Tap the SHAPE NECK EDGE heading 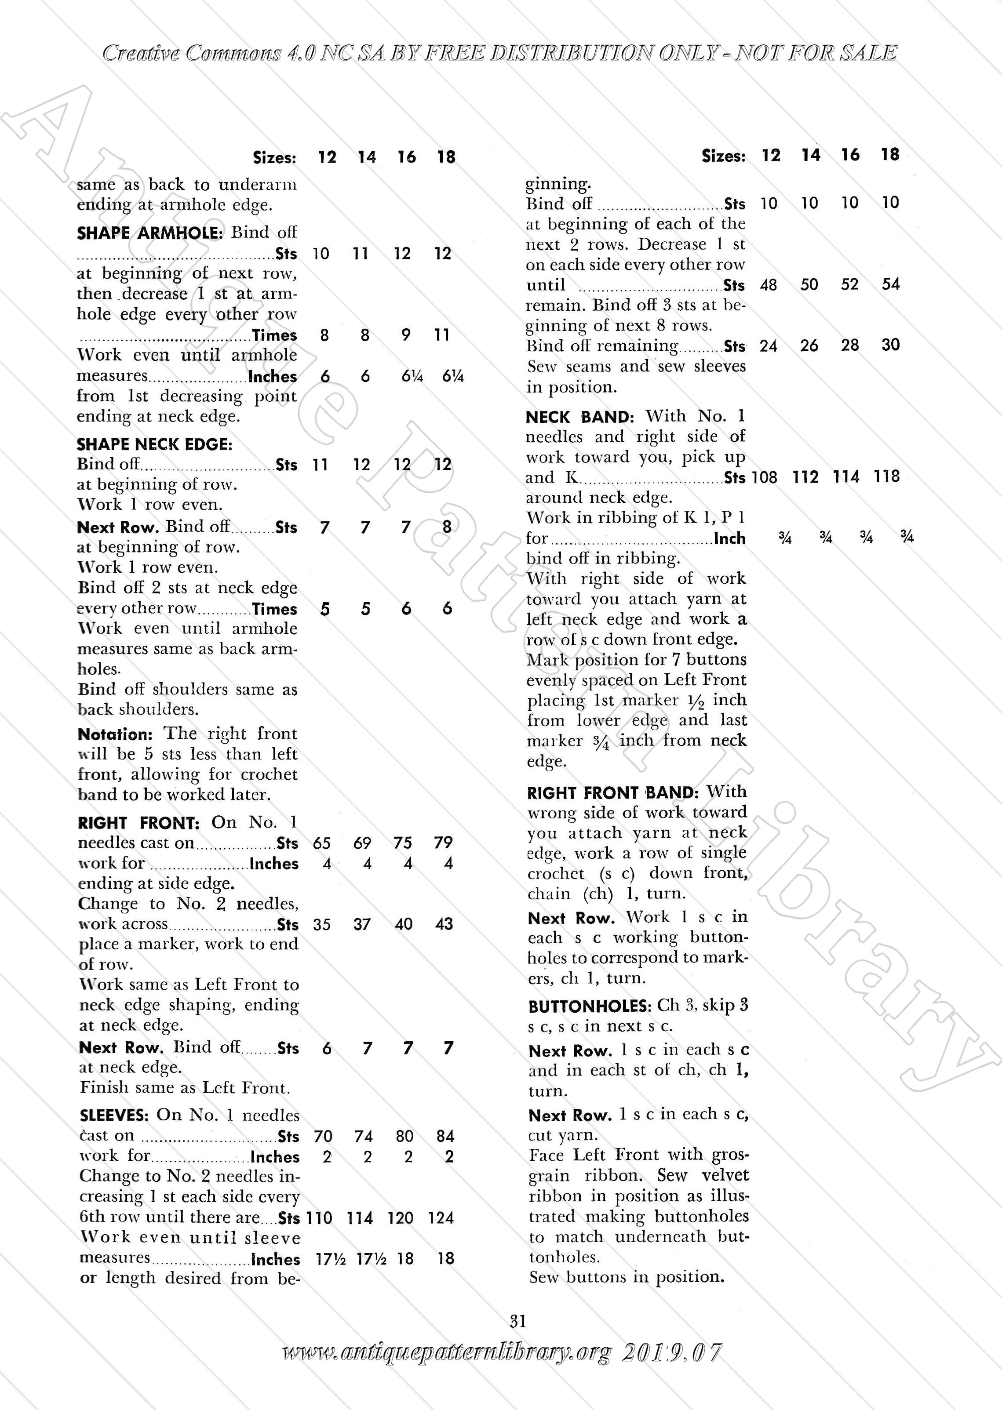154,444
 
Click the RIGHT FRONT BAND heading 613,792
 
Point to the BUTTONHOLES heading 589,1007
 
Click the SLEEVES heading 114,1115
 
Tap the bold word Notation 115,734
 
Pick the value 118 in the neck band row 887,476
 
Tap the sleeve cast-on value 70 323,1136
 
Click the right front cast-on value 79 443,843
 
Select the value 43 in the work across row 444,924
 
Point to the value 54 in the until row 890,284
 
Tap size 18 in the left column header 446,157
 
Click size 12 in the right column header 771,156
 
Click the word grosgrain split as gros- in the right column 730,1155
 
